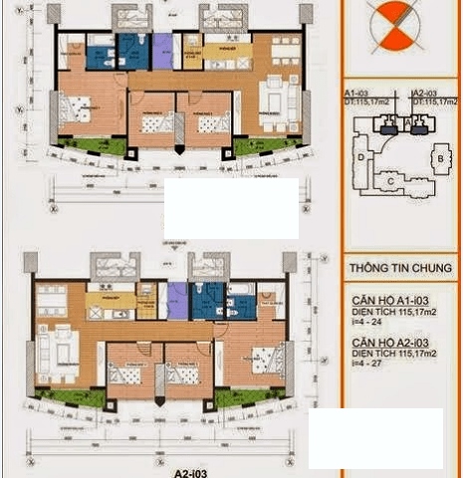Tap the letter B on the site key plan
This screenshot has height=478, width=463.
439,158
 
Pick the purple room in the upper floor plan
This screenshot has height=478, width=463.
161,50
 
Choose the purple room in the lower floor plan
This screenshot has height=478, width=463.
175,299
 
